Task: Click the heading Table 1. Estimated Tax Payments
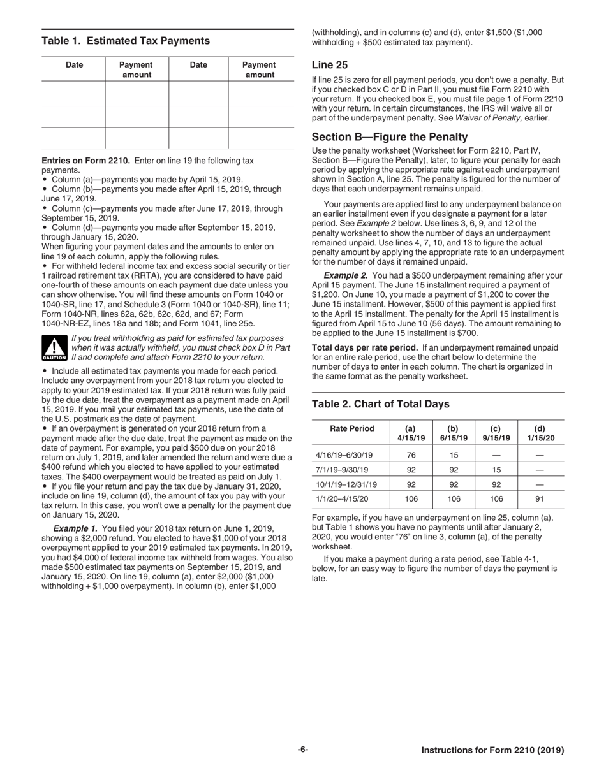(x=126, y=41)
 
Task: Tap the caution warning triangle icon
(x=54, y=348)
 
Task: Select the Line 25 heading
(x=329, y=65)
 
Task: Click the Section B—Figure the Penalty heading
(x=389, y=137)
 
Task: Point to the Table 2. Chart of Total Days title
(x=380, y=404)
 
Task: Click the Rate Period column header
(x=351, y=428)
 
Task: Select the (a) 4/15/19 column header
(x=411, y=433)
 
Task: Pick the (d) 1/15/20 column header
(x=540, y=433)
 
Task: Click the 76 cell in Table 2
(x=411, y=455)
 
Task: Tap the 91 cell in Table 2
(x=540, y=499)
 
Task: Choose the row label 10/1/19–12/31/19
(x=346, y=484)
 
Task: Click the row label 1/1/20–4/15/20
(x=342, y=499)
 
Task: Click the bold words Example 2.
(x=345, y=275)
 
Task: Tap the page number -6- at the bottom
(x=302, y=750)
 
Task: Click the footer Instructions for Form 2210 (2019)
(x=492, y=751)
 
